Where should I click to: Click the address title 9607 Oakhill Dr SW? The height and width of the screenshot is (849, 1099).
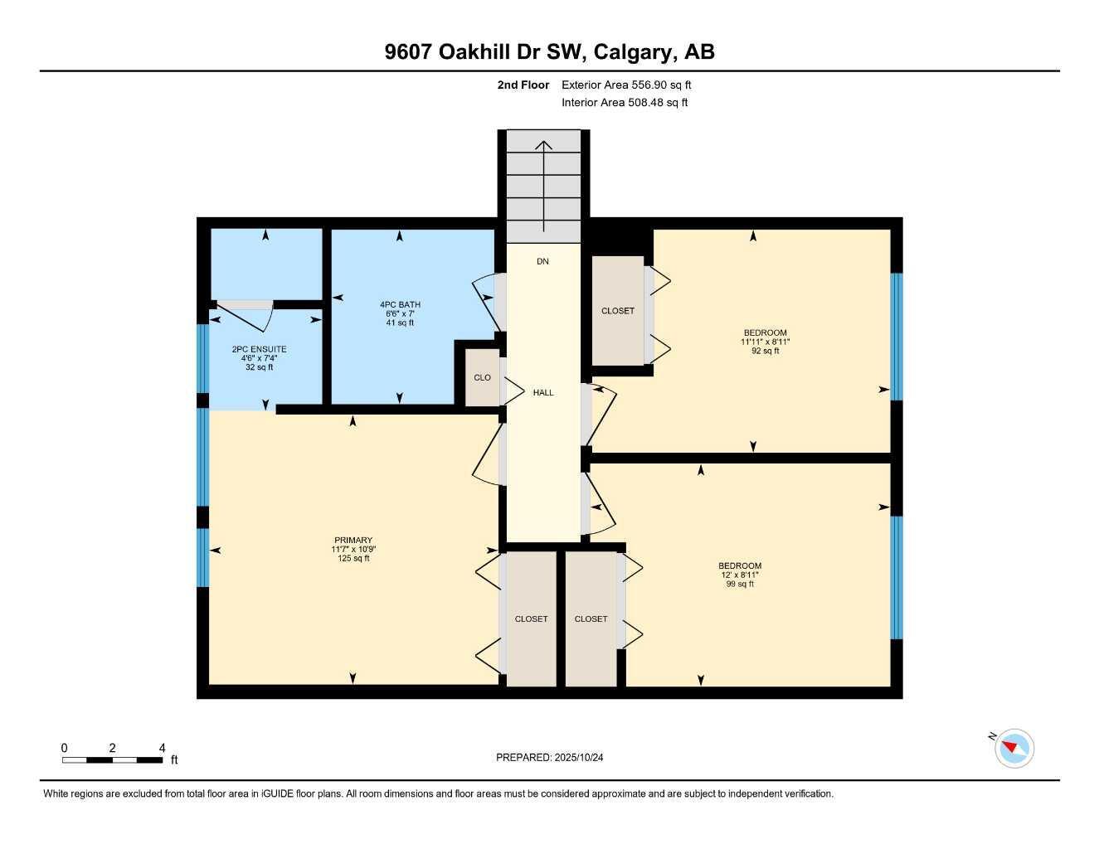(x=549, y=52)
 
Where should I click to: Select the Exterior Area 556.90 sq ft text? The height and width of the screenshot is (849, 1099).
(x=625, y=85)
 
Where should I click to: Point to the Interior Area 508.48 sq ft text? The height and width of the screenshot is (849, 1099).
(x=624, y=103)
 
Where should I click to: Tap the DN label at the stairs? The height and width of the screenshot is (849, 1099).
(x=542, y=262)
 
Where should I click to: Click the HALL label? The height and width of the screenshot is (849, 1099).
(x=543, y=393)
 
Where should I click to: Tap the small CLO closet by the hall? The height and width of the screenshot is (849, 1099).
(x=482, y=378)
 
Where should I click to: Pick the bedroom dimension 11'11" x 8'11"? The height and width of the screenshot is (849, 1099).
(x=765, y=342)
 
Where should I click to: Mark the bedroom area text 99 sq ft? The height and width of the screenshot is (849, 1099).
(x=739, y=585)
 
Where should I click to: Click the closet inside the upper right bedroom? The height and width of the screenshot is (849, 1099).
(x=618, y=311)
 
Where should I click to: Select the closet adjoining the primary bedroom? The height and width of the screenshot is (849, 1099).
(x=531, y=619)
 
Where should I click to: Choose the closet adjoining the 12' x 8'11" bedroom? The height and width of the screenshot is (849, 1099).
(x=591, y=619)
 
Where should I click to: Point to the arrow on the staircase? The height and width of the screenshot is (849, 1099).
(x=543, y=187)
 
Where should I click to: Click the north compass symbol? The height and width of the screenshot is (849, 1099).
(x=1014, y=749)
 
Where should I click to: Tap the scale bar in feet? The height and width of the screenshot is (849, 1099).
(x=113, y=759)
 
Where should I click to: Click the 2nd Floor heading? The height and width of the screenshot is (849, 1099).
(x=523, y=85)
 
